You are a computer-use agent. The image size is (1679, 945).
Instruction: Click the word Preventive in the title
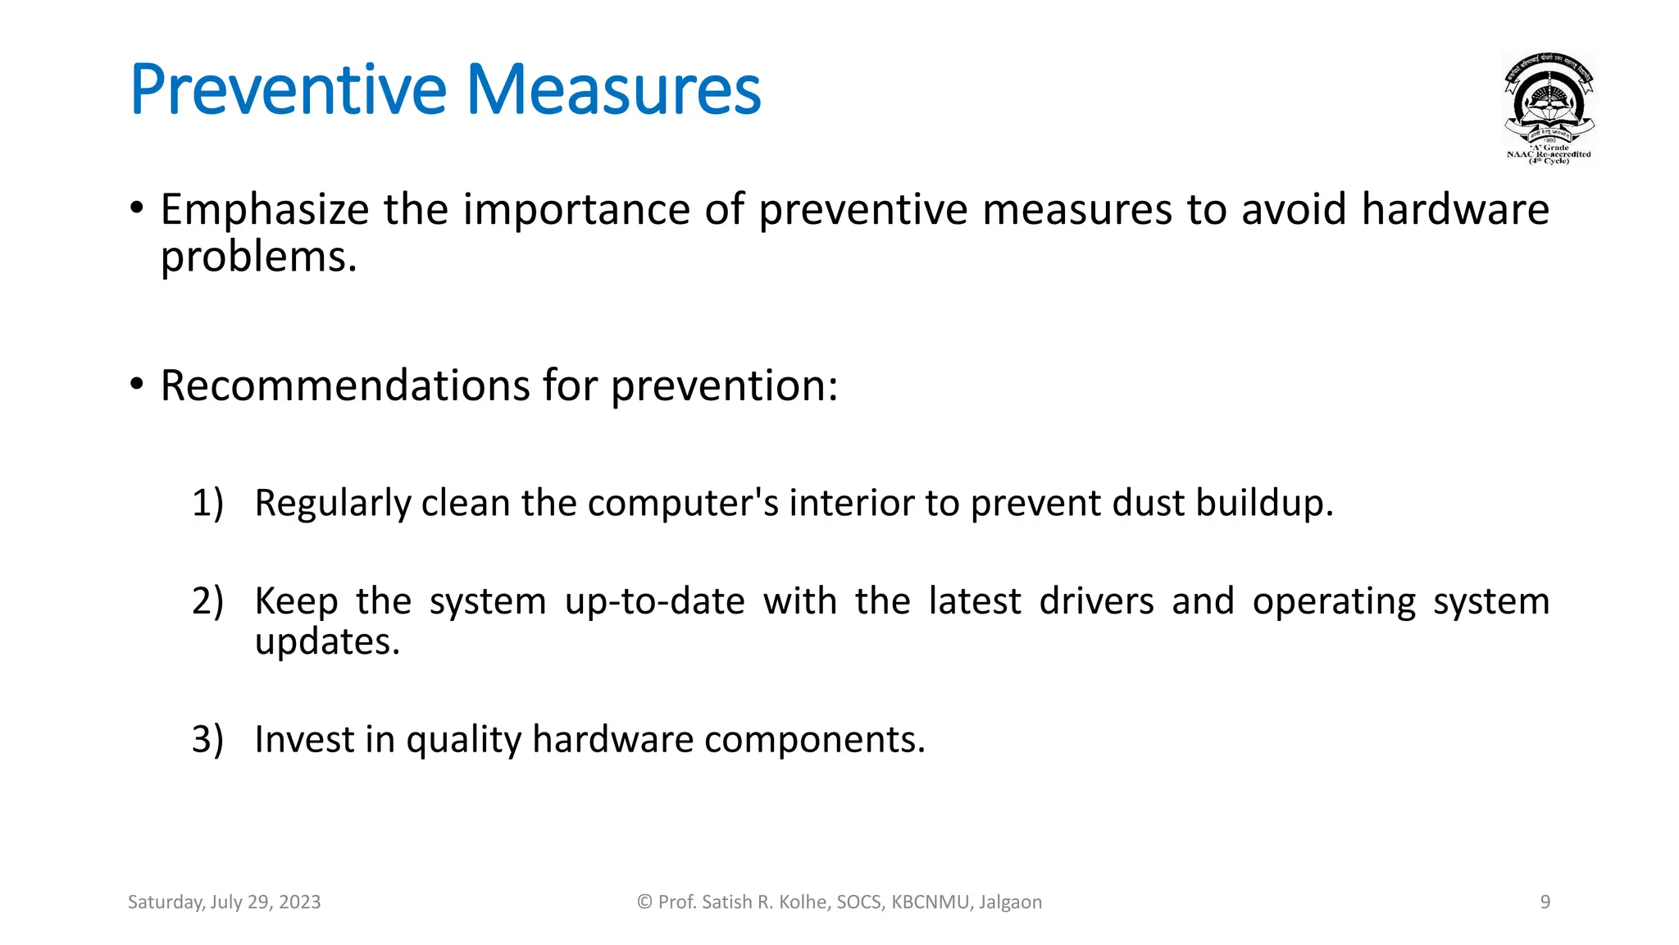tap(288, 90)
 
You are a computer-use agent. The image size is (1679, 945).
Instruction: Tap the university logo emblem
tap(1549, 107)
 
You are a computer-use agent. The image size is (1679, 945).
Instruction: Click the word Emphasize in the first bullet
tap(264, 210)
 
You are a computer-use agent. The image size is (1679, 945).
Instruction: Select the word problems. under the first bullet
tap(258, 258)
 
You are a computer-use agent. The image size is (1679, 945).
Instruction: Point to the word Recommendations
tap(344, 386)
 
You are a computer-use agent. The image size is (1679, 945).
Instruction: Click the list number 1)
tap(207, 503)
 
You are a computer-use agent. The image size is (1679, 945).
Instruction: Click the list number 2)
tap(207, 601)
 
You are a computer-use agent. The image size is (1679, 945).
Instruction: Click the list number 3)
tap(207, 739)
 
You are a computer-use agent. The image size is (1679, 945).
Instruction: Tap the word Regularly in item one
tap(332, 503)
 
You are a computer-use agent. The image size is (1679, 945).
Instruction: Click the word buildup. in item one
tap(1264, 503)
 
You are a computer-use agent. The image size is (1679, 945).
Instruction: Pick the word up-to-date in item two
tap(654, 601)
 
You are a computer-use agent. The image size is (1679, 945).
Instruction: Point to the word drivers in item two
tap(1096, 601)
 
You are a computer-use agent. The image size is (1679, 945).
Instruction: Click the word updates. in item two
tap(327, 642)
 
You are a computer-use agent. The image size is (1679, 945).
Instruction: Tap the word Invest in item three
tap(304, 739)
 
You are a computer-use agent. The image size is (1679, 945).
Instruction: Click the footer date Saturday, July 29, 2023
tap(224, 902)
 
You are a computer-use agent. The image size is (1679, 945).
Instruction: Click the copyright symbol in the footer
tap(644, 902)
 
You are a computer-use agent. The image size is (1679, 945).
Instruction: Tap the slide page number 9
tap(1545, 902)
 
